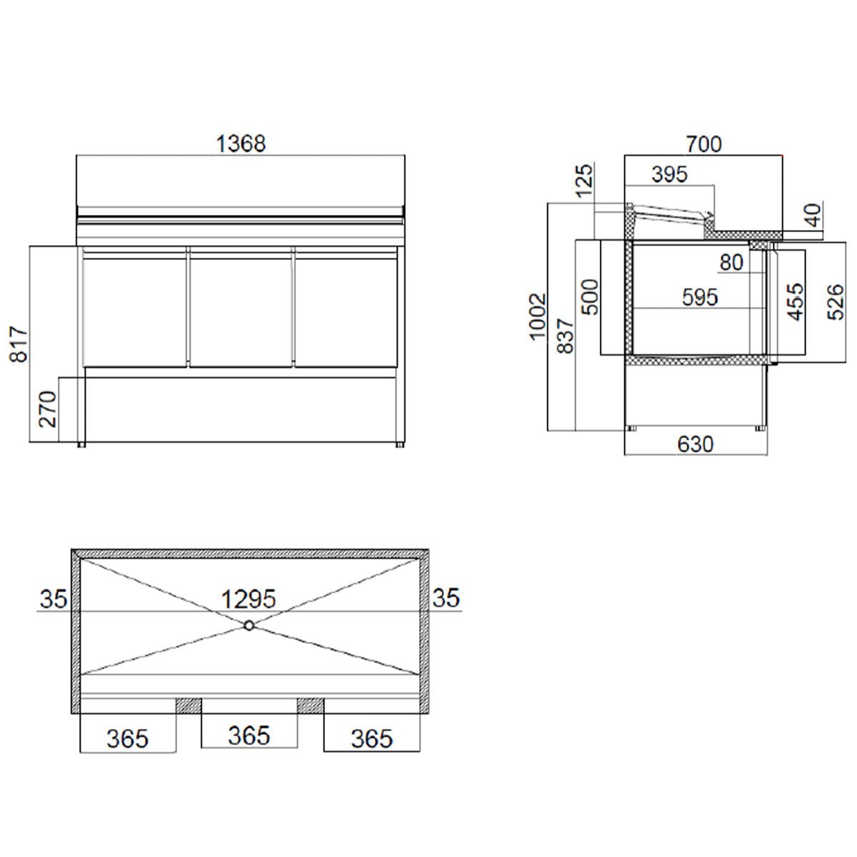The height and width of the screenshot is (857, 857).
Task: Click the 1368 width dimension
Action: (241, 144)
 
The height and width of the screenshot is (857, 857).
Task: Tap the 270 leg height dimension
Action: (47, 409)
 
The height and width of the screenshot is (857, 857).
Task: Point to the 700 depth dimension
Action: (703, 144)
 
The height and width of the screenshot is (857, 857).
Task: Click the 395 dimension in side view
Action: (669, 174)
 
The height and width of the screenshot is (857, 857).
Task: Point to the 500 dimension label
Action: (590, 297)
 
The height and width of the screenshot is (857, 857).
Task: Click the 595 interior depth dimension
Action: (699, 297)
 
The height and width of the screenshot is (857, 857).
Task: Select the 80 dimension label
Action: (731, 263)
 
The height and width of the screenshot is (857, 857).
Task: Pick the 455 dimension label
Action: (795, 301)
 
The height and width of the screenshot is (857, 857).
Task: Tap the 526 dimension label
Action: (837, 301)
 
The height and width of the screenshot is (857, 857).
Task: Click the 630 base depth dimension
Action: (695, 444)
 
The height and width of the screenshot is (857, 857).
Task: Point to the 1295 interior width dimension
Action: (248, 598)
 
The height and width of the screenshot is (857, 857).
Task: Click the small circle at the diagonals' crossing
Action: (249, 626)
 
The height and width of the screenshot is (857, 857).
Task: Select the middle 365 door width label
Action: (249, 735)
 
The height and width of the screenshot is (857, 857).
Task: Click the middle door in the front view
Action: (241, 307)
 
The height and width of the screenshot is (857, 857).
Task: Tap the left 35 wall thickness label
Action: (53, 598)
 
